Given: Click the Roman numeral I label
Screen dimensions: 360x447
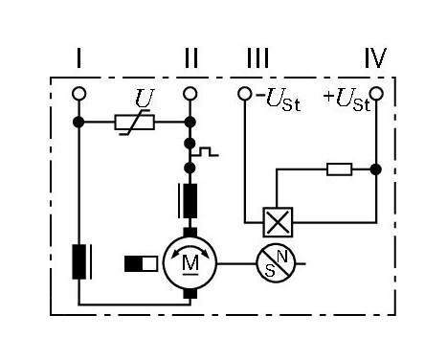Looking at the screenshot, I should (78, 59).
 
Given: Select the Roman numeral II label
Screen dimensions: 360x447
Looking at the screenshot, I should (190, 59).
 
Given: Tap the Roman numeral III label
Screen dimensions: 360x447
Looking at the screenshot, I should (257, 59).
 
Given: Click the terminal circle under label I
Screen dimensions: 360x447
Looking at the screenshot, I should (79, 94).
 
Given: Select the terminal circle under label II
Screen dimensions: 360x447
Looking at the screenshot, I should (190, 94).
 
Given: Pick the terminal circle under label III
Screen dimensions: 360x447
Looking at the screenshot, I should (245, 94).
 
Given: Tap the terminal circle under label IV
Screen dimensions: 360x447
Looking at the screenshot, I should (376, 94).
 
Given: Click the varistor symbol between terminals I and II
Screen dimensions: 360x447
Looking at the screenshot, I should (133, 123).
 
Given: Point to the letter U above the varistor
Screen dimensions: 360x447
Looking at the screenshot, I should (144, 100).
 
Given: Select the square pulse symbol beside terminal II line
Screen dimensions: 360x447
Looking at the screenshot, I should (206, 150).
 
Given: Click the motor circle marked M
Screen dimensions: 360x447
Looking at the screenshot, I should (190, 261).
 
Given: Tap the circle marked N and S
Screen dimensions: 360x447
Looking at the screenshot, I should (276, 261).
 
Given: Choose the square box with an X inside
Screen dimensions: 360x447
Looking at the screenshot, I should (277, 222).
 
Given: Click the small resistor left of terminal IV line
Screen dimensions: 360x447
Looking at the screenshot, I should (339, 169).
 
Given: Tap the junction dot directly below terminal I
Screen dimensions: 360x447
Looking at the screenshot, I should (79, 123).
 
